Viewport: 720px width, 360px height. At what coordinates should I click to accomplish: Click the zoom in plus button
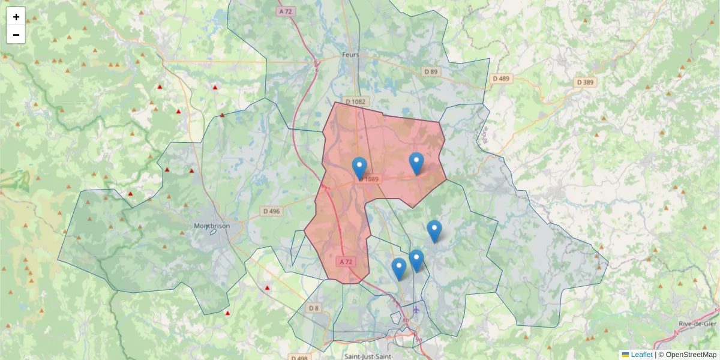pyautogui.click(x=16, y=17)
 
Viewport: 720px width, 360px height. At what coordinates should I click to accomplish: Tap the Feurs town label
pyautogui.click(x=350, y=55)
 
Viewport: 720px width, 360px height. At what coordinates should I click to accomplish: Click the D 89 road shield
pyautogui.click(x=431, y=72)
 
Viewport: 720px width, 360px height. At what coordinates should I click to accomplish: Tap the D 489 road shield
pyautogui.click(x=500, y=79)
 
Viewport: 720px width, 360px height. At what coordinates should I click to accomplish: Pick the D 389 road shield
pyautogui.click(x=585, y=82)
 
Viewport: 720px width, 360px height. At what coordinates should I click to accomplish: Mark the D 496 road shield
pyautogui.click(x=271, y=211)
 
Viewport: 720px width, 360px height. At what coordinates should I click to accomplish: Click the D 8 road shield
pyautogui.click(x=313, y=308)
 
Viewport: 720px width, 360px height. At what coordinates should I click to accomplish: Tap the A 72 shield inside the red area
pyautogui.click(x=346, y=262)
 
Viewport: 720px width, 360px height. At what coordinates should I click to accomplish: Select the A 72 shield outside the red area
pyautogui.click(x=285, y=11)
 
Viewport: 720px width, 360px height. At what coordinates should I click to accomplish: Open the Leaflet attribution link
pyautogui.click(x=641, y=355)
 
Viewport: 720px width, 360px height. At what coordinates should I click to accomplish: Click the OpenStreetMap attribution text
pyautogui.click(x=691, y=355)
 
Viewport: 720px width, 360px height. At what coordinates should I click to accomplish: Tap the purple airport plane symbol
pyautogui.click(x=416, y=310)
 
